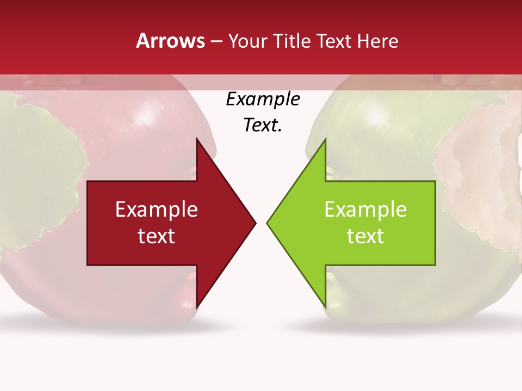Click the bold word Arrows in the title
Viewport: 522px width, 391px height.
point(171,41)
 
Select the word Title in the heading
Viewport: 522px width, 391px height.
point(294,41)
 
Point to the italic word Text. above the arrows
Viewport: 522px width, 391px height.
point(263,125)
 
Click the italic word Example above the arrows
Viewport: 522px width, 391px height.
point(263,99)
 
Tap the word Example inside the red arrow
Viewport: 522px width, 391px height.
point(157,210)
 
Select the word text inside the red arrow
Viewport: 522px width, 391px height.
point(157,236)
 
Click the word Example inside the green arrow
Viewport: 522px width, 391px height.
point(365,210)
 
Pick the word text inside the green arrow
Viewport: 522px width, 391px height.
point(365,236)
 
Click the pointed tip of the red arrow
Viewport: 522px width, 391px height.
point(255,223)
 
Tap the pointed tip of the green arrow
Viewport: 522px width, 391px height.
point(268,223)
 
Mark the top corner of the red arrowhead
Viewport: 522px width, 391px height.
point(197,139)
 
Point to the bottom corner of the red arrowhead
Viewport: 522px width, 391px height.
point(197,307)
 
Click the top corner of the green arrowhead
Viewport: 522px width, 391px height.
point(325,139)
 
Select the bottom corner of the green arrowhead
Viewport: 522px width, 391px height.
point(325,307)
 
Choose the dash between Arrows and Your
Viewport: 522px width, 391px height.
point(216,42)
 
